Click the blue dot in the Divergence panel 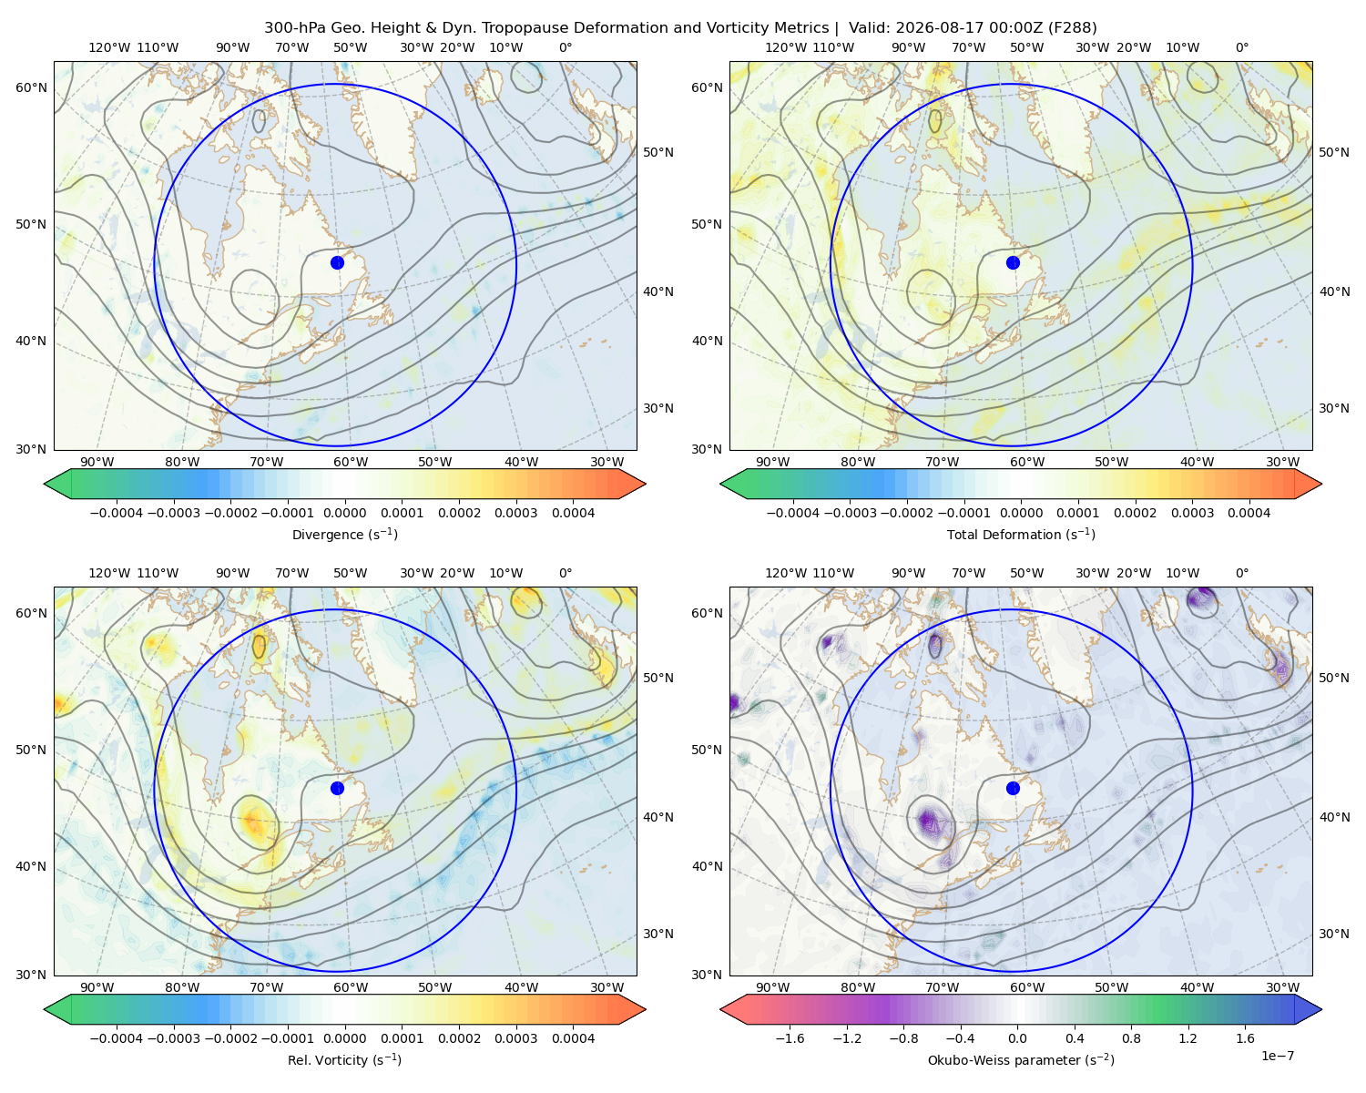(x=337, y=262)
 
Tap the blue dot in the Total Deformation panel (x=1013, y=262)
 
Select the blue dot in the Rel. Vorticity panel (x=337, y=788)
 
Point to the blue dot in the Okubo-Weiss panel (x=1013, y=788)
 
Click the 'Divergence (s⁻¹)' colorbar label (x=344, y=534)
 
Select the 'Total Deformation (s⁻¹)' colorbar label (x=1021, y=534)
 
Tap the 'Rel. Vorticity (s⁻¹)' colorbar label (x=344, y=1059)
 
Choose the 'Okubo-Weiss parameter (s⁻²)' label (x=1021, y=1059)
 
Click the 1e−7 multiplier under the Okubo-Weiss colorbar (x=1277, y=1056)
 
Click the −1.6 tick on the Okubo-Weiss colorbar (x=790, y=1037)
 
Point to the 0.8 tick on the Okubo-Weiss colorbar (x=1131, y=1037)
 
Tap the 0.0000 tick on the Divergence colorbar (x=344, y=513)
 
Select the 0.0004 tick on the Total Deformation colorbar (x=1249, y=513)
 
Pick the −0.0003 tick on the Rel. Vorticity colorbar (x=173, y=1037)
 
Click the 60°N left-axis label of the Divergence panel (x=31, y=87)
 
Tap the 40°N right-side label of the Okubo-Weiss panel (x=1334, y=817)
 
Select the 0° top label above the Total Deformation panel (x=1241, y=47)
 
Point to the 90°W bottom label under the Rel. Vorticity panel (x=97, y=987)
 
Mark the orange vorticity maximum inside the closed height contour (x=253, y=822)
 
